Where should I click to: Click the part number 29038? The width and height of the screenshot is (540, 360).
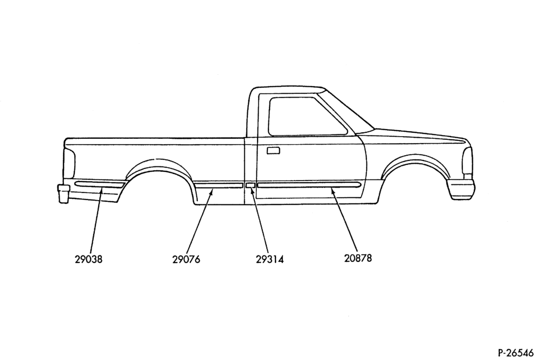coord(88,259)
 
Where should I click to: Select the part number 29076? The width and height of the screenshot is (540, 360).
coord(186,259)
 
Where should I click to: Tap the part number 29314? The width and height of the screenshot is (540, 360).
coord(269,259)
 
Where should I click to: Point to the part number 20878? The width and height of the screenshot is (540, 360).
coord(358,258)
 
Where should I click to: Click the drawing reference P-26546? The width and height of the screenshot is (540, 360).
coord(516,352)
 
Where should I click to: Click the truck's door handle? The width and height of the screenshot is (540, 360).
coord(273,150)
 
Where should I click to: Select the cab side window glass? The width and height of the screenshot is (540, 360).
coord(307,117)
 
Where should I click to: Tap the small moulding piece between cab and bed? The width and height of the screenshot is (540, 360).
coord(250,185)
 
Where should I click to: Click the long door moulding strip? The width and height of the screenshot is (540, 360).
coord(309,185)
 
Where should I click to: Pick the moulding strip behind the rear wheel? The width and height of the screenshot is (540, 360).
coord(99,184)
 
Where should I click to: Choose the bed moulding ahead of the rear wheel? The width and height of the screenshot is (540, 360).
coord(219,185)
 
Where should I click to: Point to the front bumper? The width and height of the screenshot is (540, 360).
coord(461,189)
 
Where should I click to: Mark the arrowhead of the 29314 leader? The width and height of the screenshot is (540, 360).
coord(252,191)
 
